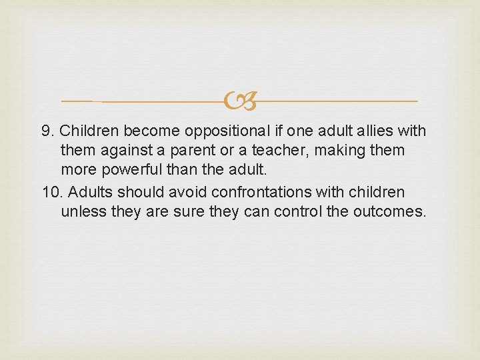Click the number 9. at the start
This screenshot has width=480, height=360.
pyautogui.click(x=48, y=131)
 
